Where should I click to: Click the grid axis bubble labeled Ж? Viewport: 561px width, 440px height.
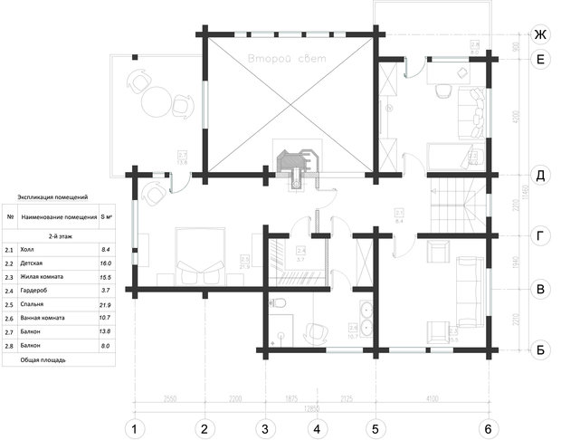[x=540, y=34]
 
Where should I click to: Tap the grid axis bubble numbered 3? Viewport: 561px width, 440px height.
[x=265, y=428]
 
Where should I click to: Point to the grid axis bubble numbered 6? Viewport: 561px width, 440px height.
[x=488, y=428]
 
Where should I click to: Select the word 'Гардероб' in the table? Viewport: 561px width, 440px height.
[x=37, y=290]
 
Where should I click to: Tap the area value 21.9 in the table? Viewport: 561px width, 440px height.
[x=105, y=304]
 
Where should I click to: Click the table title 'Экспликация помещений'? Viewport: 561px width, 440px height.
[x=52, y=196]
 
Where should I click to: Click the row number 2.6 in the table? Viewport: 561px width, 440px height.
[x=9, y=318]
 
